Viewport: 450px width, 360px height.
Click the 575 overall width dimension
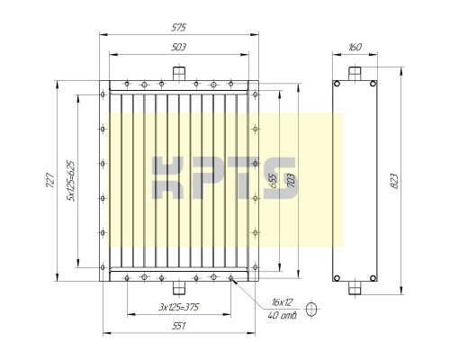pos(179,27)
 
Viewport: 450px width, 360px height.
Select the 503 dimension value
pos(179,47)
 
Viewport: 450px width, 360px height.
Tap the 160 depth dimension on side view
pos(355,47)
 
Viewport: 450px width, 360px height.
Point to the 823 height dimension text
pos(394,181)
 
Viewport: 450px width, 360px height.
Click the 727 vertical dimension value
pos(50,180)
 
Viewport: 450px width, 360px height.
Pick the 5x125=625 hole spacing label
pos(71,181)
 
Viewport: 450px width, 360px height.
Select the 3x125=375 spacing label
pos(179,307)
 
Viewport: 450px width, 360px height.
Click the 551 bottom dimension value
pos(179,326)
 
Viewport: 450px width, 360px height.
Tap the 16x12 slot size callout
pos(282,302)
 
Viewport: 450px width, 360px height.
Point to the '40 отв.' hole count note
pos(283,316)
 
